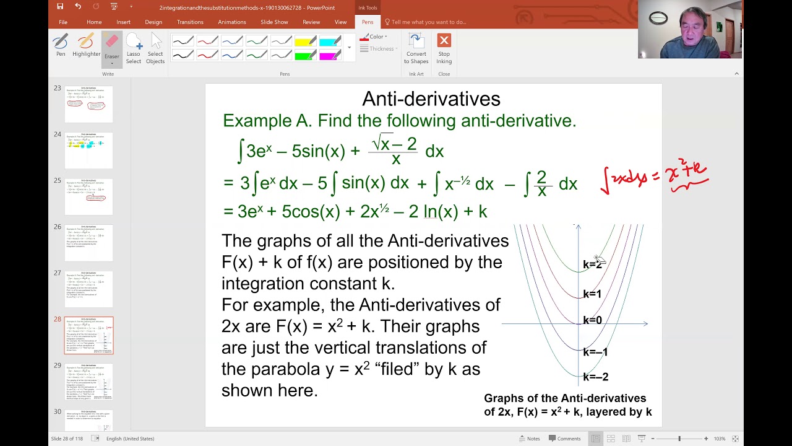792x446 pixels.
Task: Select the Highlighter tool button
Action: (86, 46)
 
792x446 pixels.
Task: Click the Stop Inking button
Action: (444, 48)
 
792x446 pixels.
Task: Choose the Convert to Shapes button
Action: (416, 48)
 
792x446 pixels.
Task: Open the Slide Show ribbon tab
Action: (274, 22)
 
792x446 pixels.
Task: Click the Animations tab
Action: (232, 22)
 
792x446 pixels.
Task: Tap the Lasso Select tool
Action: (134, 48)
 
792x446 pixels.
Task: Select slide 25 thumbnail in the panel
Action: (89, 196)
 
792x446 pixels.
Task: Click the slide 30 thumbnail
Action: (89, 421)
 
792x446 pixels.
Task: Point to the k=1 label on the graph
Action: (592, 294)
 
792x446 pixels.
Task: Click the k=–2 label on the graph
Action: (595, 377)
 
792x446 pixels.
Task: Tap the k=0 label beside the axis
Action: (592, 320)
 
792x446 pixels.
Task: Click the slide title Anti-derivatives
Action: (431, 99)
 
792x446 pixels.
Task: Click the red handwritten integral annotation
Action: (654, 178)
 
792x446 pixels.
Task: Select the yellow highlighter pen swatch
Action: (306, 42)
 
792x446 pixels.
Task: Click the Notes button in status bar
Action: (530, 439)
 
